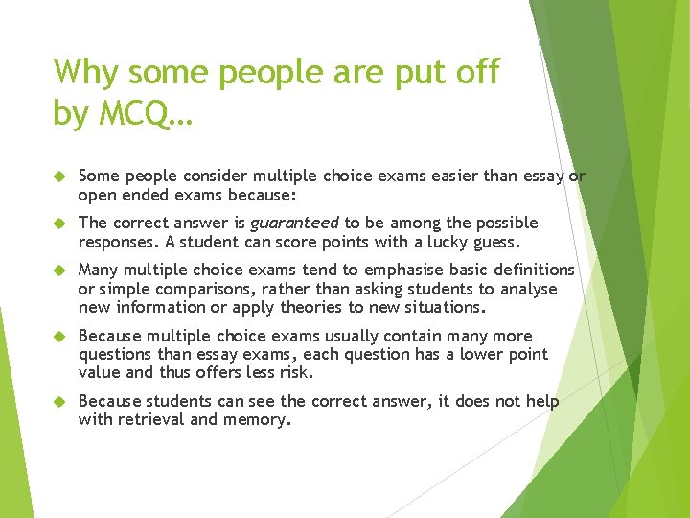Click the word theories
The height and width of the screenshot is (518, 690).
click(316, 307)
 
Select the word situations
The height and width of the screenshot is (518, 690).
click(441, 307)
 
